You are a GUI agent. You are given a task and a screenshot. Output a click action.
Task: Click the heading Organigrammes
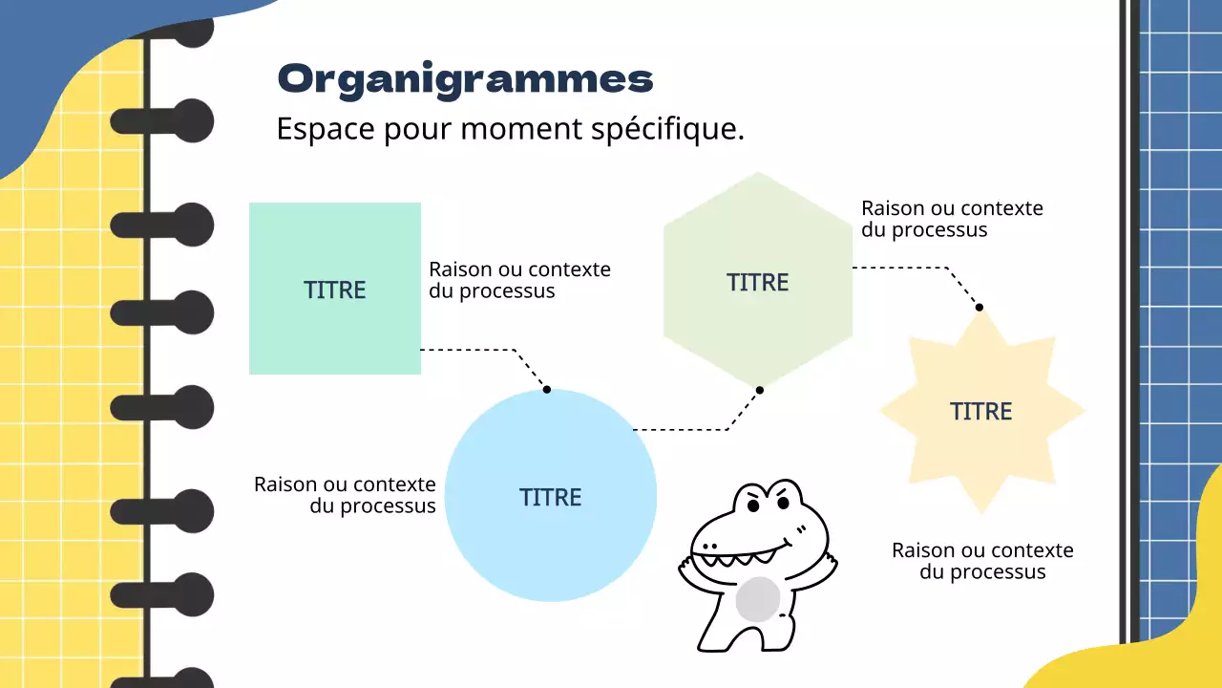(x=465, y=78)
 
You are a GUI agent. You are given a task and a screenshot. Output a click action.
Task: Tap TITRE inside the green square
(x=335, y=290)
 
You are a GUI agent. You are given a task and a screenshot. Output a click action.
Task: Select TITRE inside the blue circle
(x=551, y=497)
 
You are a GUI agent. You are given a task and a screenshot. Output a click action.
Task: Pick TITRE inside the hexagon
(x=758, y=282)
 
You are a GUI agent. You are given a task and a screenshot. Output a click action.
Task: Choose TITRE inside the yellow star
(x=981, y=411)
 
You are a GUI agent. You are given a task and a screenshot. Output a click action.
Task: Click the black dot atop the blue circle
(x=547, y=389)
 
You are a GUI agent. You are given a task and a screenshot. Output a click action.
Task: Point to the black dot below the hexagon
(x=760, y=390)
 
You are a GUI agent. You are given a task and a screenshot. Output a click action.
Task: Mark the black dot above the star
(x=979, y=307)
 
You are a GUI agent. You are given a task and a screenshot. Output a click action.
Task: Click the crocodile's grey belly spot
(x=758, y=598)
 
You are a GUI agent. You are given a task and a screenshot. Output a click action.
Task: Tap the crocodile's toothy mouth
(x=740, y=552)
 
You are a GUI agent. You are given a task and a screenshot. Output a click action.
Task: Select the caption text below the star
(x=982, y=561)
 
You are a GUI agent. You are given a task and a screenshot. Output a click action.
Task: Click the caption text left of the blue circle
(x=345, y=495)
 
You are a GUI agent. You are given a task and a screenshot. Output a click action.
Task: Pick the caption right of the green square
(x=519, y=280)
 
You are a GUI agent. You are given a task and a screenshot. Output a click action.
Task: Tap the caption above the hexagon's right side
(x=952, y=219)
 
